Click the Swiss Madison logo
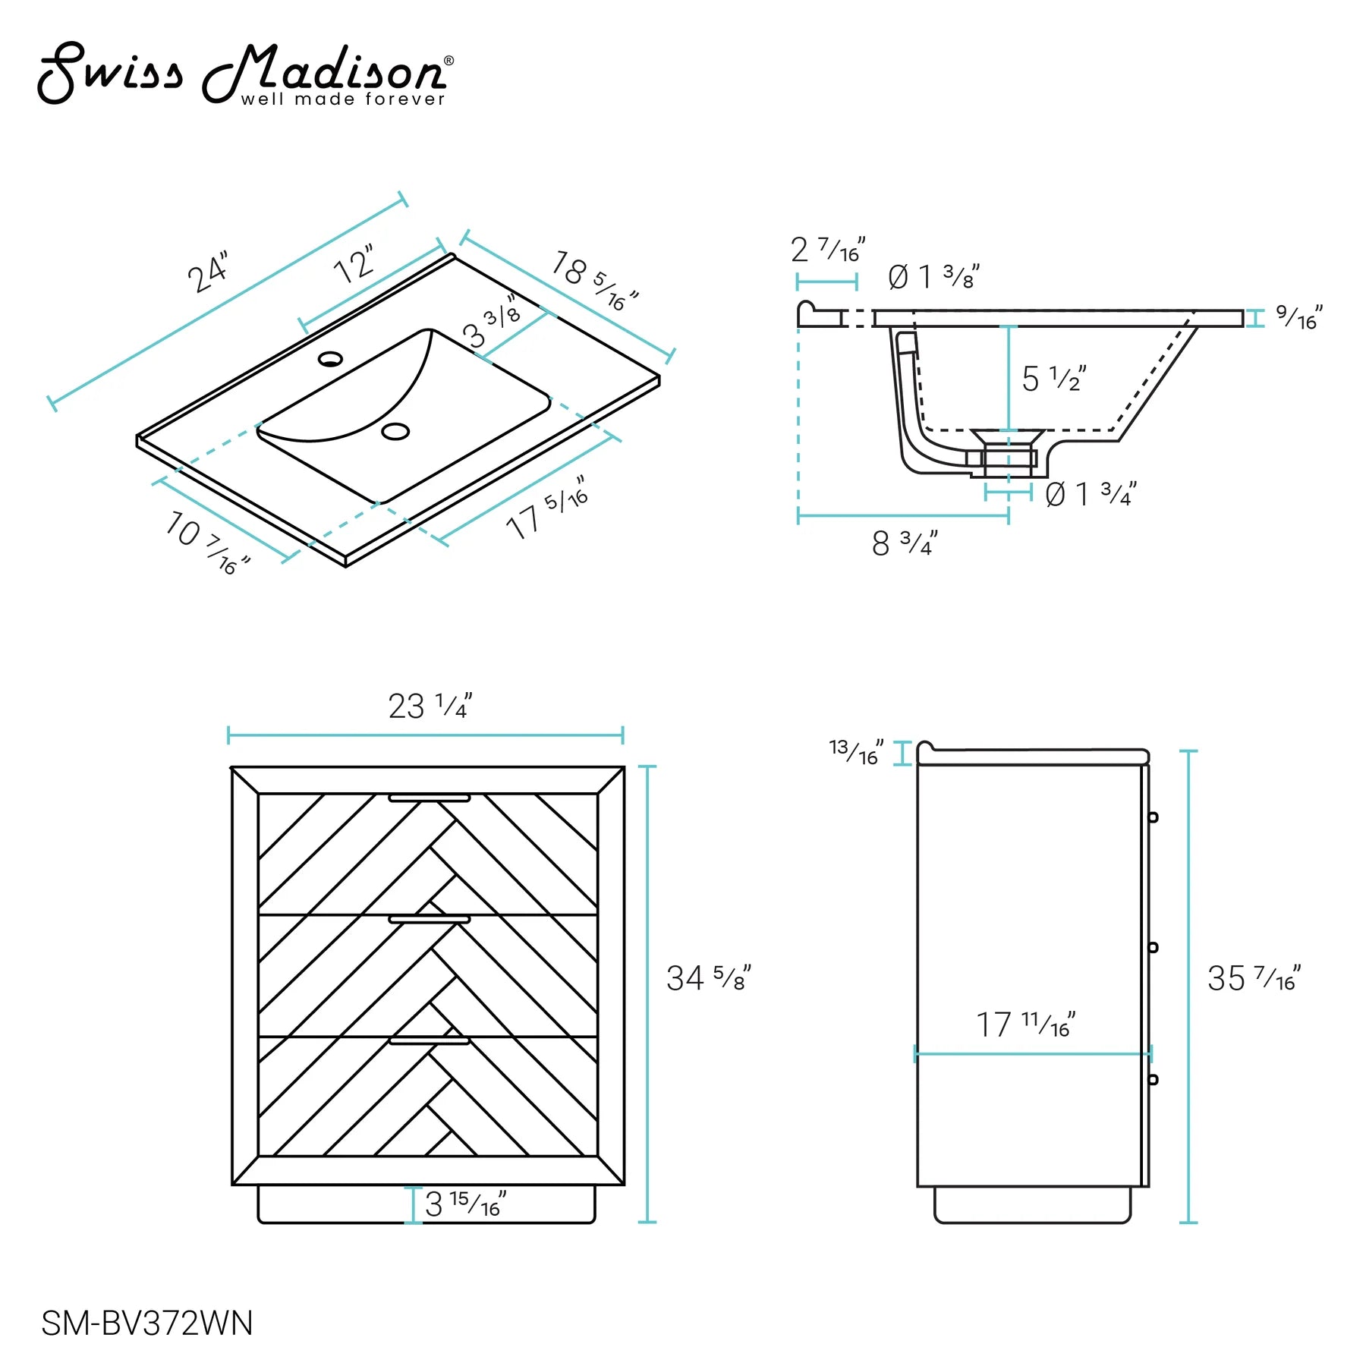tap(246, 74)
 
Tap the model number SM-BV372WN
tap(147, 1324)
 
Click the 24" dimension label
tap(207, 272)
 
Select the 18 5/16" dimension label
tap(595, 280)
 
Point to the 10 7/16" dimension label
tap(206, 542)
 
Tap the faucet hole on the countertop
tap(330, 358)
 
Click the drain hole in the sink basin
tap(395, 431)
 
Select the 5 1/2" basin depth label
tap(1054, 378)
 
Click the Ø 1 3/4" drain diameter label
tap(1091, 494)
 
